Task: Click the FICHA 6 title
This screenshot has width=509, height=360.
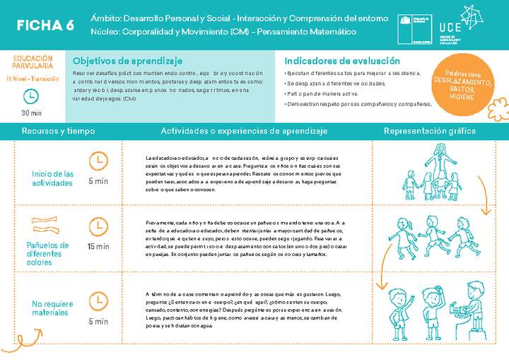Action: [45, 25]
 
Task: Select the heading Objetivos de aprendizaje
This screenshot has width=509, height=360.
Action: [127, 61]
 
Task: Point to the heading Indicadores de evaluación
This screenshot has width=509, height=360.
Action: [342, 61]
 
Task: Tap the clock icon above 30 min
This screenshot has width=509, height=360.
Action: [31, 96]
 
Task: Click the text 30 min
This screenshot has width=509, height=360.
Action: [31, 113]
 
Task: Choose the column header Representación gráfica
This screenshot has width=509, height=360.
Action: [429, 131]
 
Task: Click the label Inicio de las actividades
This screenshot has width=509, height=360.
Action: [53, 178]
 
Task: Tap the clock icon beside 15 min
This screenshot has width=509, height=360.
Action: [98, 227]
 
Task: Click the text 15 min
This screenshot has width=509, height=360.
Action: [98, 246]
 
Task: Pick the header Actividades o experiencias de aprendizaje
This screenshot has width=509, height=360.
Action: [244, 131]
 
